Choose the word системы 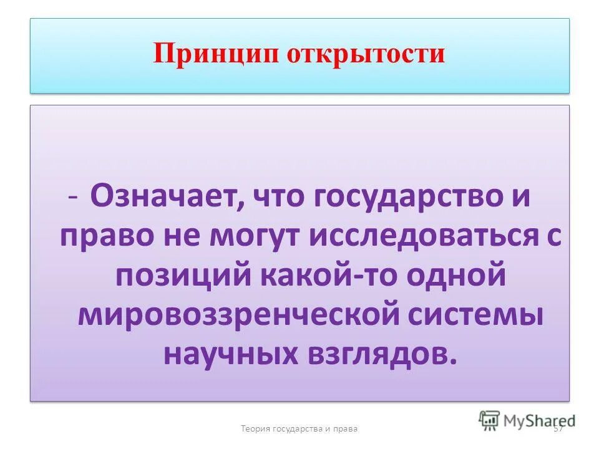point(479,314)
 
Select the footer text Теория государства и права point(299,428)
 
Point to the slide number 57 point(559,428)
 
